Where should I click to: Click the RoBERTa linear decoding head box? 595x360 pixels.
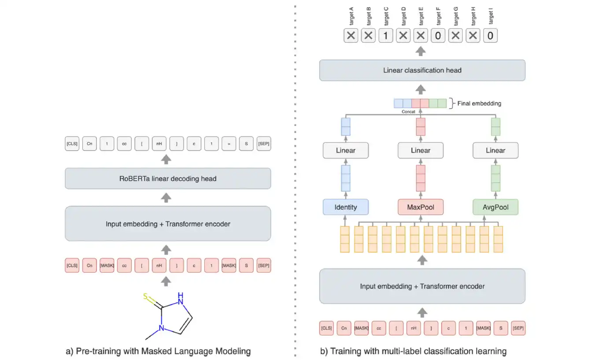point(168,178)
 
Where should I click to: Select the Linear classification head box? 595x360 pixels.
point(422,70)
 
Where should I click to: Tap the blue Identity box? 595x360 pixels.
point(345,207)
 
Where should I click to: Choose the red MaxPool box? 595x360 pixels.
point(420,207)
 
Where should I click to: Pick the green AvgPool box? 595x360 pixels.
point(495,207)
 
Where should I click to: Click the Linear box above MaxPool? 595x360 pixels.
point(420,151)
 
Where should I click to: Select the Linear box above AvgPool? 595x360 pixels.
point(495,151)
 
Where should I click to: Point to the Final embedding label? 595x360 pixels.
point(479,103)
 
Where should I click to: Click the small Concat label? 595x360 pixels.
point(408,112)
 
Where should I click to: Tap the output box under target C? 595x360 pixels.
point(385,36)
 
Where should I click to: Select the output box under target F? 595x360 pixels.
point(438,36)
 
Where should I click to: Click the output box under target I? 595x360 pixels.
point(490,36)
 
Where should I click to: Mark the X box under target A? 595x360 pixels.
point(351,36)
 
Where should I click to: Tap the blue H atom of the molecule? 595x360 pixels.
point(180,294)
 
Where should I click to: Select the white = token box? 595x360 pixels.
point(229,144)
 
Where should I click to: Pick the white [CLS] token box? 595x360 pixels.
point(72,144)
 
